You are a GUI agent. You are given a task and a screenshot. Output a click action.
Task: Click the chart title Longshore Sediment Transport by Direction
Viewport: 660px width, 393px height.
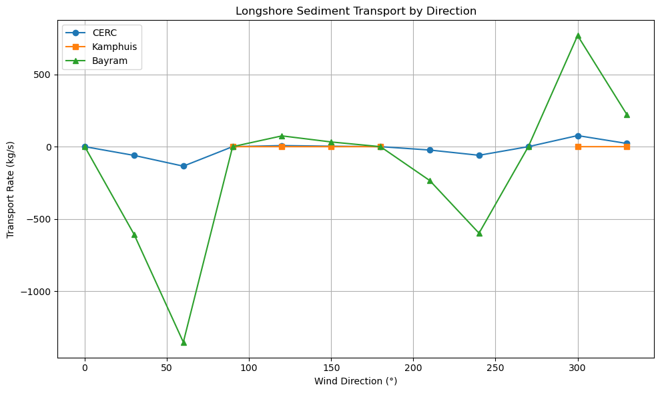pos(356,11)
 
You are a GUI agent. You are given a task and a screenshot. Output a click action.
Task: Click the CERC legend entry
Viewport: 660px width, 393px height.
pos(105,33)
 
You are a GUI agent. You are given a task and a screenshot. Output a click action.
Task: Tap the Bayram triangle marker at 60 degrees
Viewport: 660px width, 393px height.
pos(184,342)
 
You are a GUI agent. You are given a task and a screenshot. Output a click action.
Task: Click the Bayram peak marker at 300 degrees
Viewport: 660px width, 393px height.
pos(578,35)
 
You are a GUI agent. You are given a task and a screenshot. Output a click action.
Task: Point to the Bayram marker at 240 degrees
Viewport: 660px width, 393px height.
pos(479,233)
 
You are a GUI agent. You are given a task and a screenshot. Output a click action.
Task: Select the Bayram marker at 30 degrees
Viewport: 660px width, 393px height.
pos(134,234)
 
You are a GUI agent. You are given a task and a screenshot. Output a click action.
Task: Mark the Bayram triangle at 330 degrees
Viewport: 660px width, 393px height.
pos(627,115)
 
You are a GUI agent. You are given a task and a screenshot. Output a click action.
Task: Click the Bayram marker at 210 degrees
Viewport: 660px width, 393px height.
pos(430,181)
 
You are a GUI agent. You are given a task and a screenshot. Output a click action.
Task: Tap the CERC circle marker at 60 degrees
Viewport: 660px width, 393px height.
pos(184,166)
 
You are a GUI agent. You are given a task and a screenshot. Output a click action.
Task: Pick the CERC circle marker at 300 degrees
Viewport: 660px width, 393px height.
pos(578,136)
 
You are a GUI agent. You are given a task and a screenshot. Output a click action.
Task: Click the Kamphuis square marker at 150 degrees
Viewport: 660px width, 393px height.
pos(331,147)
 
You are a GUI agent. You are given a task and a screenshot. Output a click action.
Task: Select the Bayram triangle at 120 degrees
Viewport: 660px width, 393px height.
pos(282,136)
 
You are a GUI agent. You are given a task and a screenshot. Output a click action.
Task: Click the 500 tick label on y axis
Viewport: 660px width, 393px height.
pos(45,75)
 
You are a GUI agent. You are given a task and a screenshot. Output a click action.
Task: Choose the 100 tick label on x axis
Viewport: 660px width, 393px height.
pos(249,367)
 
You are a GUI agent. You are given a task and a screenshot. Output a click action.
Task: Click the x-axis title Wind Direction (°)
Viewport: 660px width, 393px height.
pos(356,381)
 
